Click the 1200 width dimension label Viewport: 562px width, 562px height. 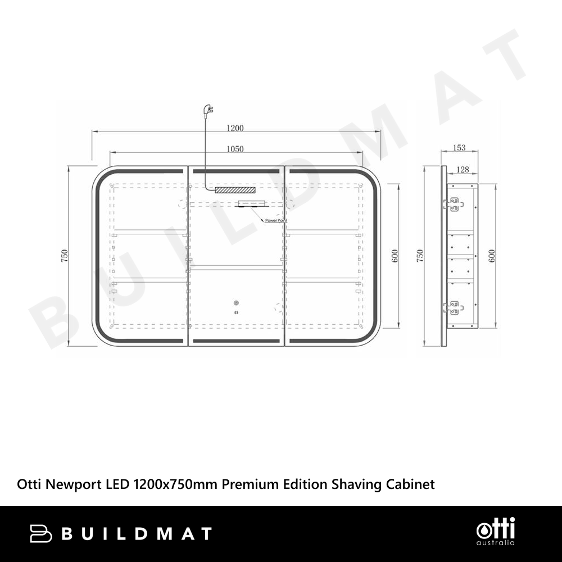pyautogui.click(x=235, y=128)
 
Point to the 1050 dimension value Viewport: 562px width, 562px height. pyautogui.click(x=235, y=149)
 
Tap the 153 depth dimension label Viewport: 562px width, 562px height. pyautogui.click(x=459, y=148)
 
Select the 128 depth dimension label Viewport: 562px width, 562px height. pyautogui.click(x=463, y=170)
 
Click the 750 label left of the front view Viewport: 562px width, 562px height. pyautogui.click(x=65, y=256)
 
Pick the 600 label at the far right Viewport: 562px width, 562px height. pyautogui.click(x=492, y=256)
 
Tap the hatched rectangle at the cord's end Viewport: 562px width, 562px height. pyautogui.click(x=235, y=190)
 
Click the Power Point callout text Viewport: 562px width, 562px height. pyautogui.click(x=276, y=220)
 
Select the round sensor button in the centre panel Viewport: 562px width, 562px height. pyautogui.click(x=236, y=303)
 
